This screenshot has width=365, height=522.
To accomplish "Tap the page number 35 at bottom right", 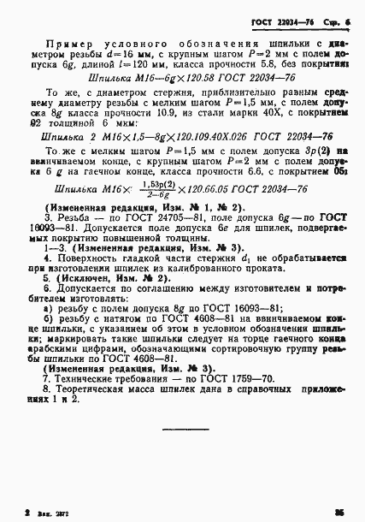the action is coord(340,512).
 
